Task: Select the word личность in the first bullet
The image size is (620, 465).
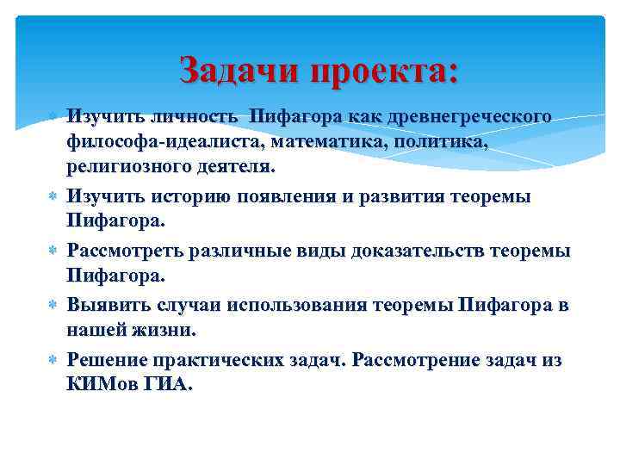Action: [197, 115]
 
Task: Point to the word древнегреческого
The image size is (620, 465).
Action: [468, 115]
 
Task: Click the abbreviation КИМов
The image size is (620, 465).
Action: [101, 385]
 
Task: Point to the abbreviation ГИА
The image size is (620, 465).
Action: [168, 385]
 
